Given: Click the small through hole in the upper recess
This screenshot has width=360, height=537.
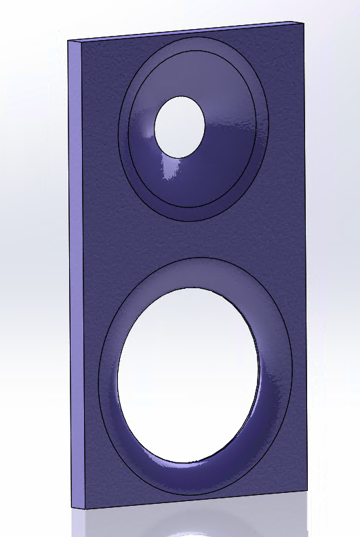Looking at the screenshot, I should (179, 127).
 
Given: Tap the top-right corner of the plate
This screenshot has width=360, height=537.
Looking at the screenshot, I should (302, 22).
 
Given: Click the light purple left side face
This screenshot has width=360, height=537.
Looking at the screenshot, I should (76, 271).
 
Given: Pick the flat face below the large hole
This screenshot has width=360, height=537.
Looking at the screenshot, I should (203, 492).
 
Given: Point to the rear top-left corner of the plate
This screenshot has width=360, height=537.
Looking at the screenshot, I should (68, 41).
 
